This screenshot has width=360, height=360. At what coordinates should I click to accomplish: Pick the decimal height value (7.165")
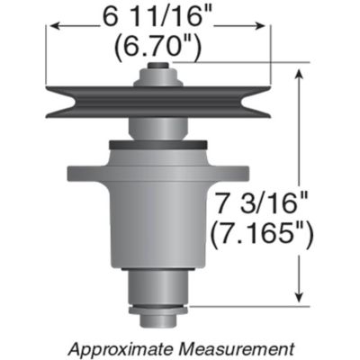click(x=260, y=232)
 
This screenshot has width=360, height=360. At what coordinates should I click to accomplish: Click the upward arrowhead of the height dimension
click(x=301, y=73)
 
